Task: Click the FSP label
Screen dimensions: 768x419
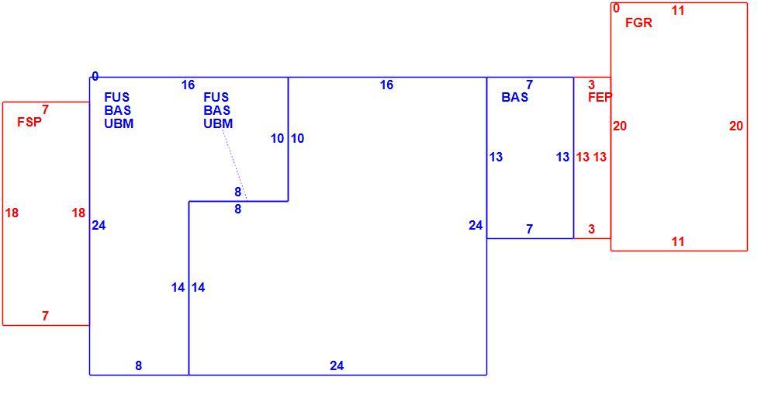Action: coord(29,122)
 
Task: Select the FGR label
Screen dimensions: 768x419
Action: coord(638,23)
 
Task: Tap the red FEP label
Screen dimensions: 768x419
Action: coord(600,97)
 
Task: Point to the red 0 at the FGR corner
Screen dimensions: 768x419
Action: coord(616,8)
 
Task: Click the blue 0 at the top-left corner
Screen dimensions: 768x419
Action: coord(95,76)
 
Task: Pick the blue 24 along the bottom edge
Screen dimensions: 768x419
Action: coord(337,365)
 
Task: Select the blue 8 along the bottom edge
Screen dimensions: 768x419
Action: coord(139,365)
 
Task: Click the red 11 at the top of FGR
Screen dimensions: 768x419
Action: coord(678,10)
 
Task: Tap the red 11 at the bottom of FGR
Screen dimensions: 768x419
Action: coord(678,241)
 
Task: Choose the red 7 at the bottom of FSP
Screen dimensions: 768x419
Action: coord(46,316)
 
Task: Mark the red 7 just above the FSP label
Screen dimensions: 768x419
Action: coord(46,109)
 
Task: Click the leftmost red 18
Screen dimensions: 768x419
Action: coord(12,213)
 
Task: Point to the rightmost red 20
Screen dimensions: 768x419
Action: coord(735,126)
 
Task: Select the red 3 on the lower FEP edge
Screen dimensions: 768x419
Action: coord(592,229)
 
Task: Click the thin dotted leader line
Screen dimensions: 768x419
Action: coord(234,164)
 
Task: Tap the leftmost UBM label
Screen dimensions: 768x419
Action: coord(119,123)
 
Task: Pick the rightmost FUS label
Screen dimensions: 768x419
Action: coord(216,97)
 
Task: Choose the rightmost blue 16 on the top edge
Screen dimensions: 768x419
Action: coord(386,85)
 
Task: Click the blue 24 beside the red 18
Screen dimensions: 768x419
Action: coord(99,225)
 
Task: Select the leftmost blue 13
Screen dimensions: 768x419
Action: coord(496,157)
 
